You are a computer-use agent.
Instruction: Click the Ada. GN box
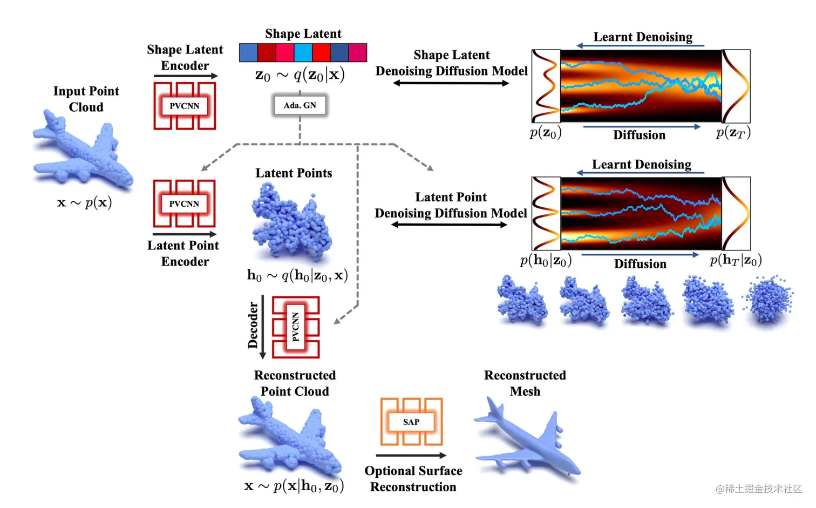(x=300, y=105)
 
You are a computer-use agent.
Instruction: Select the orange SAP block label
(x=411, y=422)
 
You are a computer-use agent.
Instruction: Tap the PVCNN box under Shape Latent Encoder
(x=185, y=106)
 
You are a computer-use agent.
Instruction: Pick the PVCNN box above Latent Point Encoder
(x=184, y=204)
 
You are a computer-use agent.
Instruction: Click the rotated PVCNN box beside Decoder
(x=296, y=327)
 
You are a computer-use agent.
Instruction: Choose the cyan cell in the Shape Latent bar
(x=303, y=53)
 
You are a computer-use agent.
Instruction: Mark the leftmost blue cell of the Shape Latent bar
(x=248, y=53)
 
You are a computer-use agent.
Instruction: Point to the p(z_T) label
(x=733, y=133)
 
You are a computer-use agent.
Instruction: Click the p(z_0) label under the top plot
(x=545, y=133)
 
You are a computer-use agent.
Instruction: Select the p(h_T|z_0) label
(x=735, y=261)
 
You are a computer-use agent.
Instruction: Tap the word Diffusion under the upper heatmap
(x=639, y=135)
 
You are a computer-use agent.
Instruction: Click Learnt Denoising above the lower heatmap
(x=641, y=164)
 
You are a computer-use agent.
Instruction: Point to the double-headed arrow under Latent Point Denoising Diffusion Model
(x=449, y=225)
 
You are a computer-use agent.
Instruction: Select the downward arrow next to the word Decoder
(x=263, y=327)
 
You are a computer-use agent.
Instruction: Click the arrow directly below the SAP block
(x=411, y=456)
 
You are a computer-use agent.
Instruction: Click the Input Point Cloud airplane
(x=81, y=151)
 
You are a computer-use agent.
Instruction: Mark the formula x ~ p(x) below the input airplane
(x=85, y=203)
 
